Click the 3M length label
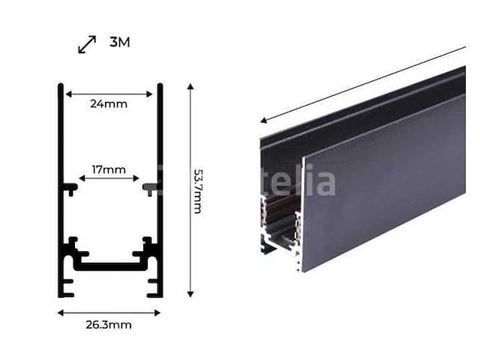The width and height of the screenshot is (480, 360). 119,42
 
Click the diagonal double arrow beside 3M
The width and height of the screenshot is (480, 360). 87,44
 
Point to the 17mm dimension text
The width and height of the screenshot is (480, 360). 109,169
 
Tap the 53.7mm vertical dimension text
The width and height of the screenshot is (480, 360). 197,191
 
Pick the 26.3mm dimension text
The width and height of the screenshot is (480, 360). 109,325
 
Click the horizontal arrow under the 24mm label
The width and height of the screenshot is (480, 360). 109,94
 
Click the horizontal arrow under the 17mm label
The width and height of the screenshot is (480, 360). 109,178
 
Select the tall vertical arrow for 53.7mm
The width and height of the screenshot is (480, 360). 190,190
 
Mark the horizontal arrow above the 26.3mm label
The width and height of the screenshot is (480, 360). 109,312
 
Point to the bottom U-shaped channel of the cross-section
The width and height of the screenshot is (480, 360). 109,265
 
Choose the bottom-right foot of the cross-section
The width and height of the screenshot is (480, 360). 154,287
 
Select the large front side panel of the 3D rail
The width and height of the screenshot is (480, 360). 382,187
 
